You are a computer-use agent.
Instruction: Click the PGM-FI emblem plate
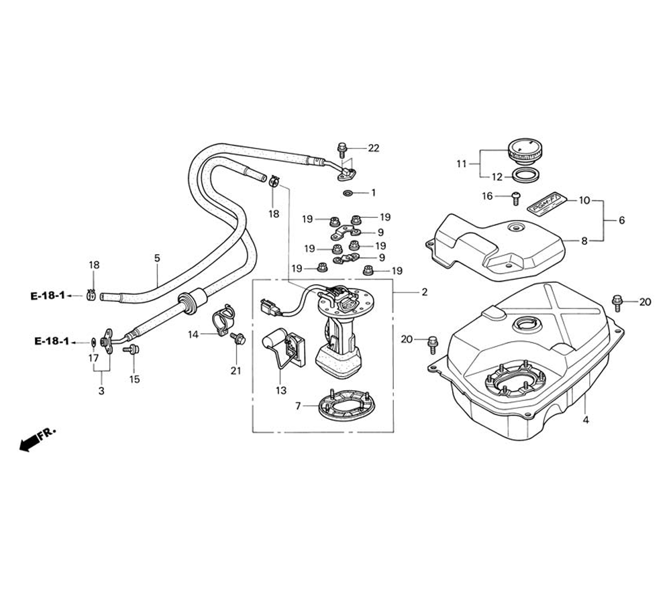[544, 202]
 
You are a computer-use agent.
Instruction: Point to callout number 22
[374, 147]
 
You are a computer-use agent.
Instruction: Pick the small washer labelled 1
[347, 193]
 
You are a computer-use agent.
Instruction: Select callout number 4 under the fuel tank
[585, 421]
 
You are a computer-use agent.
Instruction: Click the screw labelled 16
[515, 196]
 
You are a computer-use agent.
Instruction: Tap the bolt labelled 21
[238, 339]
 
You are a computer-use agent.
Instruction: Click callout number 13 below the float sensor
[280, 390]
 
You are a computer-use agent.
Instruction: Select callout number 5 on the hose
[157, 257]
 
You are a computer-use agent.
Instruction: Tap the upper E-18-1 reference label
[48, 295]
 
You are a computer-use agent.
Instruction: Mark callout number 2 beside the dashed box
[424, 292]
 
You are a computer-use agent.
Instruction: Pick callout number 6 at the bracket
[621, 221]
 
